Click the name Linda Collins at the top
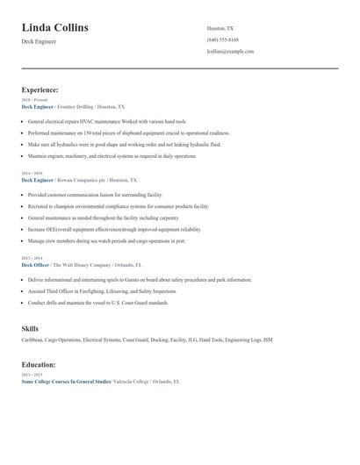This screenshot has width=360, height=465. click(x=54, y=28)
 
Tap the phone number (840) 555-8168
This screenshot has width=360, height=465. click(x=223, y=40)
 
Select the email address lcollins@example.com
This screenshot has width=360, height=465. click(x=230, y=52)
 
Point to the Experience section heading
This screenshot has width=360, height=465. click(x=40, y=89)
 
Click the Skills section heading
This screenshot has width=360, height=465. click(x=30, y=328)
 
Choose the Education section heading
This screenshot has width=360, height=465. click(x=39, y=364)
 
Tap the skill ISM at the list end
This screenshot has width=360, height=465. click(x=268, y=340)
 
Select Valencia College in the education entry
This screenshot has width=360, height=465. click(x=132, y=383)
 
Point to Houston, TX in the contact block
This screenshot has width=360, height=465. click(x=220, y=28)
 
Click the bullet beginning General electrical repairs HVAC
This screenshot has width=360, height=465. click(x=107, y=121)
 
